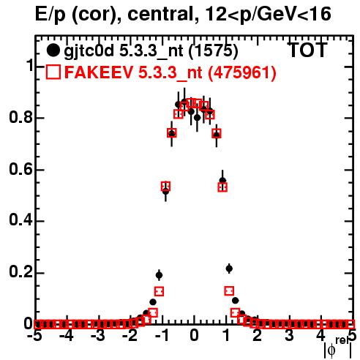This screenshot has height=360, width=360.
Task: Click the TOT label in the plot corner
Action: (x=308, y=50)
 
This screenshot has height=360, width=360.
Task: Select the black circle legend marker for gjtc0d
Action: (x=53, y=50)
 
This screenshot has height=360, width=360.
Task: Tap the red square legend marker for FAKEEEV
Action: (x=53, y=72)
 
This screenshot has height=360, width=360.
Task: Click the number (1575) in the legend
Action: (x=214, y=51)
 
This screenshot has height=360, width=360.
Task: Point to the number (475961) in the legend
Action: (x=242, y=72)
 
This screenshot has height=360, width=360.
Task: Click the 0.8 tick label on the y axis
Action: (x=20, y=117)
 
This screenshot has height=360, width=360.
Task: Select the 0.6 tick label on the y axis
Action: (x=20, y=169)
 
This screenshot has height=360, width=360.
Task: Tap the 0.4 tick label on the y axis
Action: (x=20, y=220)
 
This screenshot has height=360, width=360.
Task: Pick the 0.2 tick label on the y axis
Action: (x=20, y=272)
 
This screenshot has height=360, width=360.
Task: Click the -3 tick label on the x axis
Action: (x=98, y=336)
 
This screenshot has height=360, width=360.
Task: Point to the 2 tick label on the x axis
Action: (x=257, y=336)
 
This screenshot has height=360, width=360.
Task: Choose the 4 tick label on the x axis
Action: (x=320, y=336)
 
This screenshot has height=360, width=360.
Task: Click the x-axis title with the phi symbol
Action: (x=338, y=348)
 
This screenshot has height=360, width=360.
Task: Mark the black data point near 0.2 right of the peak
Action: (x=229, y=269)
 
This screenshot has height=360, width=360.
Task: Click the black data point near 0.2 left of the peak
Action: (x=159, y=275)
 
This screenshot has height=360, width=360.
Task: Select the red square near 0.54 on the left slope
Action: (x=165, y=187)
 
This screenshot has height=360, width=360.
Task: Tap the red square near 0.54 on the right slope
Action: (x=222, y=187)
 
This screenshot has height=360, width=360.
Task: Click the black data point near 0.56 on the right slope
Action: (x=222, y=180)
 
